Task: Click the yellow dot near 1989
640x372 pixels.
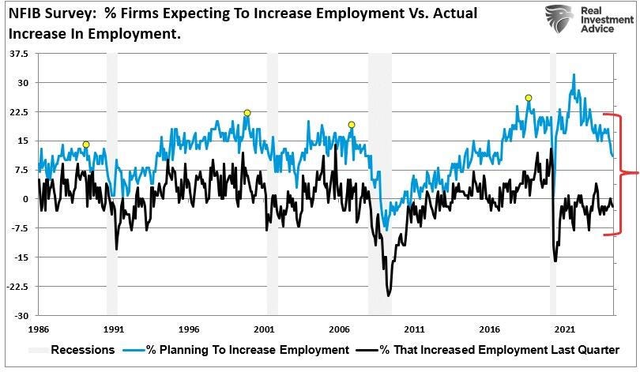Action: coord(86,145)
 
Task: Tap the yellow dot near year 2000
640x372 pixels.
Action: coord(247,113)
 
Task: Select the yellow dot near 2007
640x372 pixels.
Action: coord(352,124)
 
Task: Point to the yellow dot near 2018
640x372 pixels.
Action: coord(528,98)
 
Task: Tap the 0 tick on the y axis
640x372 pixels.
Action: coord(24,199)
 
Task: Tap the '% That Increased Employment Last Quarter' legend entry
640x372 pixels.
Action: coord(499,349)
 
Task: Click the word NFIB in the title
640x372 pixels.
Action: coord(26,13)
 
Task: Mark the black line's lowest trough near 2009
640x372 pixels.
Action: coord(389,296)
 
